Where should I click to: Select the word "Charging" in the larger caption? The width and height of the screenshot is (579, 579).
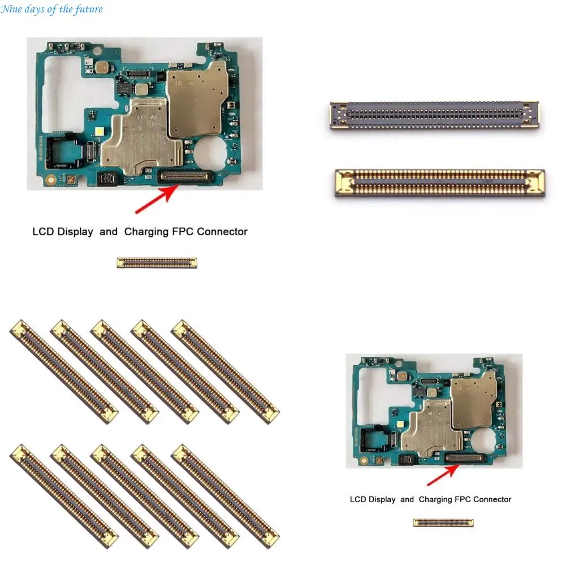pos(146,231)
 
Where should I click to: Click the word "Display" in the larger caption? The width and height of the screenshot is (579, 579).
pos(75,231)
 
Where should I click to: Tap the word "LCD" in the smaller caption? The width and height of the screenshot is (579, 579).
pos(358,499)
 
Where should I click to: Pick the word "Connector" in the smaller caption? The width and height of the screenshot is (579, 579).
pos(492,499)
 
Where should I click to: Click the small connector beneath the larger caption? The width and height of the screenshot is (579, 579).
pos(157,262)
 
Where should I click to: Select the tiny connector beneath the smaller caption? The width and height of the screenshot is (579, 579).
pos(443,522)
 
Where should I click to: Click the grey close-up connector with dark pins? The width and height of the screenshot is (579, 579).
pos(434,116)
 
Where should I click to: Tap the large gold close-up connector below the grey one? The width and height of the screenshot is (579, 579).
pos(440,183)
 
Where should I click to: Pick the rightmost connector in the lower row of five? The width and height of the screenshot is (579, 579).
pos(225,496)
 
